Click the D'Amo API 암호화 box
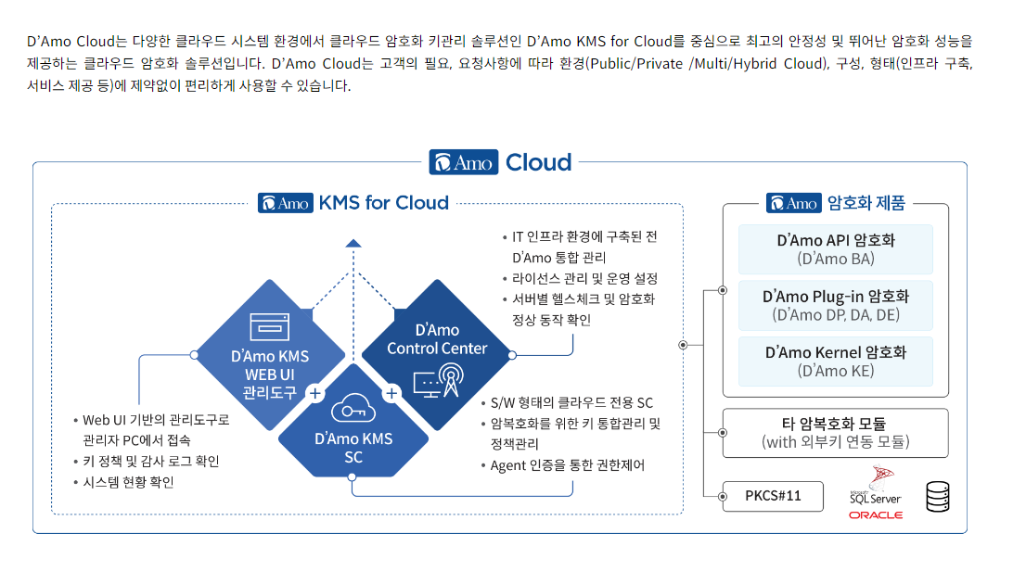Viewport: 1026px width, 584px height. (836, 249)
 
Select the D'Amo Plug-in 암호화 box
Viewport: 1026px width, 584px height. (836, 305)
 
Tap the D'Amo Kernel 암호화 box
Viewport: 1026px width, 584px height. (836, 362)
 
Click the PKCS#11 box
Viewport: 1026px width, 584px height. (773, 496)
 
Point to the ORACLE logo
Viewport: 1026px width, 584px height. (876, 515)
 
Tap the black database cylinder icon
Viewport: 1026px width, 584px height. (938, 496)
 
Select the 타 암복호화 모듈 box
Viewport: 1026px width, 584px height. (836, 433)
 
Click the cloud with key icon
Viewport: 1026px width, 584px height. (353, 410)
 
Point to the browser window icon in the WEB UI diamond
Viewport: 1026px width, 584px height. (270, 327)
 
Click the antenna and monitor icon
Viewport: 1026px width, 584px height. (439, 381)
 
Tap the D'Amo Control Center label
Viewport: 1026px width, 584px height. (437, 339)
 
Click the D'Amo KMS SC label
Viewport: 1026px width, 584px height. (353, 448)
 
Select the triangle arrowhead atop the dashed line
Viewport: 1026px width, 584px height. (353, 243)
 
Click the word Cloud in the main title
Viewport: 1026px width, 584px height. (539, 162)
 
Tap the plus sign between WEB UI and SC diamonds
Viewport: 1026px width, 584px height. (314, 393)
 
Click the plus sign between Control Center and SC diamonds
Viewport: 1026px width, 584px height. (391, 393)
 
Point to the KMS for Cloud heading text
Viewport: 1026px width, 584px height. (383, 203)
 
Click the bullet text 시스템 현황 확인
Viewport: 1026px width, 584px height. (128, 482)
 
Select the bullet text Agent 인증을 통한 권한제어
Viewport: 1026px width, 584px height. (568, 465)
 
